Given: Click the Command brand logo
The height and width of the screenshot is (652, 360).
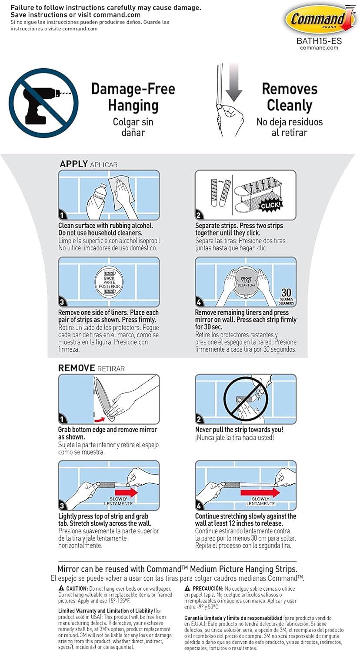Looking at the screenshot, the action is (320, 20).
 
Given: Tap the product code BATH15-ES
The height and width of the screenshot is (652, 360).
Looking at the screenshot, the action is (319, 41).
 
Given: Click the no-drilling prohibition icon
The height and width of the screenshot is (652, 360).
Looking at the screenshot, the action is (43, 103).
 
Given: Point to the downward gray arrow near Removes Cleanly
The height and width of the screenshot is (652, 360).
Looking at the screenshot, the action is (234, 83).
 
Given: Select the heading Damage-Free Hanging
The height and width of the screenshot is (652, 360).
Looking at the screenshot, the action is (133, 97).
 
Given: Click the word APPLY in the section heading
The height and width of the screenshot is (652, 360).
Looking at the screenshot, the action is (73, 164).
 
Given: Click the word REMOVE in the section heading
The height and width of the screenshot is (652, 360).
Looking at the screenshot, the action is (77, 368).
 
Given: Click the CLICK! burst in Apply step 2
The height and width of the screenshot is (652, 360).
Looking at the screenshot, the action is (271, 206).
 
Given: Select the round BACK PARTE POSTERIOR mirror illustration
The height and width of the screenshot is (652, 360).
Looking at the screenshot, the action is (109, 282).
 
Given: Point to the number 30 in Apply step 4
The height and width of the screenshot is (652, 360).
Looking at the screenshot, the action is (286, 292).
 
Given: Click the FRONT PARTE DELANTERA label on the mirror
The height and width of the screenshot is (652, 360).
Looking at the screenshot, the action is (246, 282).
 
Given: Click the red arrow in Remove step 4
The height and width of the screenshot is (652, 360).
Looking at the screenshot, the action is (260, 492).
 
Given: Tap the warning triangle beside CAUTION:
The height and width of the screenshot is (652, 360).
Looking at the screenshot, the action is (61, 588).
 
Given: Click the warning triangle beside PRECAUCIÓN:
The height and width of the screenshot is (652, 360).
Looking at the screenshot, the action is (187, 588).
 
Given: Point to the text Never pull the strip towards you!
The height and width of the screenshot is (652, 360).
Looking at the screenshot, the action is (239, 429).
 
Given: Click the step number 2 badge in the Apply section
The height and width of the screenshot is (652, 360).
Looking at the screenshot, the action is (199, 216).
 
